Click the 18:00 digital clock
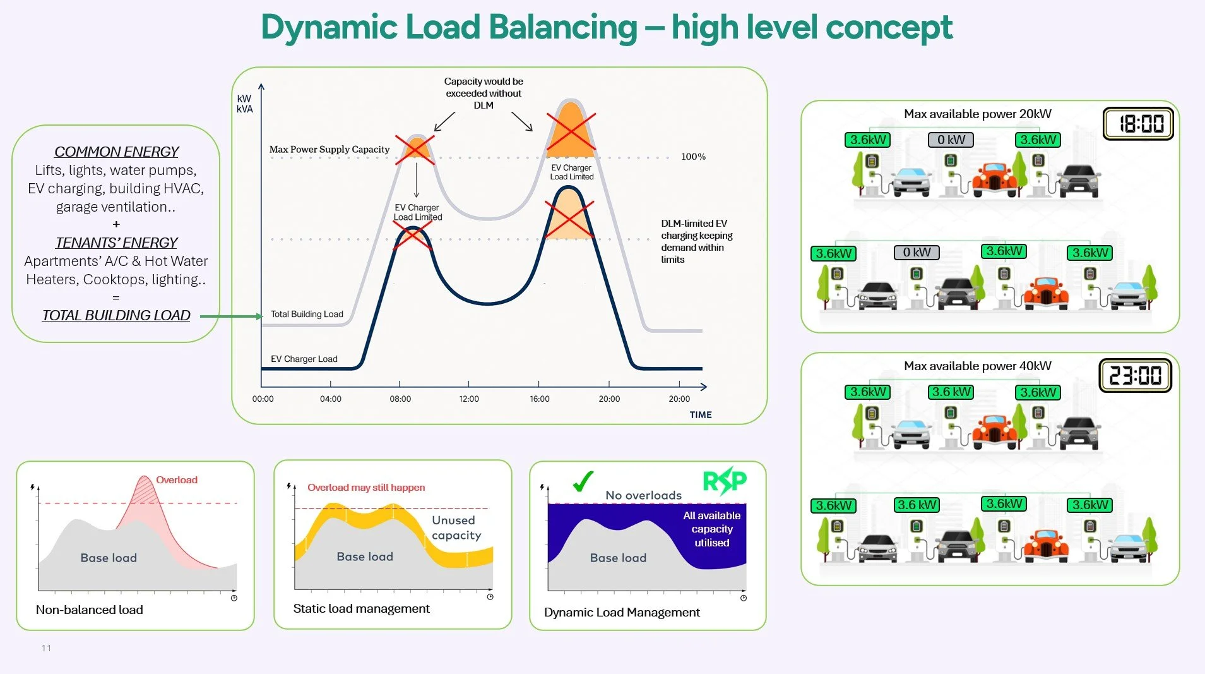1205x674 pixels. pyautogui.click(x=1138, y=123)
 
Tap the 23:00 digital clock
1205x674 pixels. pyautogui.click(x=1135, y=375)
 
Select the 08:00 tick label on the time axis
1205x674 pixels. pyautogui.click(x=400, y=399)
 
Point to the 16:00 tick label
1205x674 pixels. pyautogui.click(x=540, y=399)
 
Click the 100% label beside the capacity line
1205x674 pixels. pyautogui.click(x=693, y=157)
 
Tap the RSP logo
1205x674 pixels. pyautogui.click(x=725, y=481)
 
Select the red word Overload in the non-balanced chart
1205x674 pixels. pyautogui.click(x=177, y=480)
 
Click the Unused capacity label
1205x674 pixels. pyautogui.click(x=456, y=527)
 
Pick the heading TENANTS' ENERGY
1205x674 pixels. pyautogui.click(x=116, y=243)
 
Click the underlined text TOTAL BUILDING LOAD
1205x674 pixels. pyautogui.click(x=116, y=315)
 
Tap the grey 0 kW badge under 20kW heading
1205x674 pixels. pyautogui.click(x=951, y=140)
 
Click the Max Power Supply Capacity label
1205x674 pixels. pyautogui.click(x=329, y=150)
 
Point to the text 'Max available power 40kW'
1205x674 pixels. pyautogui.click(x=977, y=366)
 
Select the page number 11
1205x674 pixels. pyautogui.click(x=46, y=648)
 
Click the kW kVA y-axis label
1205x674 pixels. pyautogui.click(x=244, y=104)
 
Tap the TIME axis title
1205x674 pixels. pyautogui.click(x=701, y=415)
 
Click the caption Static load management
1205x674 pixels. pyautogui.click(x=361, y=608)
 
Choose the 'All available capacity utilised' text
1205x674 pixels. pyautogui.click(x=711, y=529)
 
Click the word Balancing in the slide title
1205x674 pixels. pyautogui.click(x=563, y=27)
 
